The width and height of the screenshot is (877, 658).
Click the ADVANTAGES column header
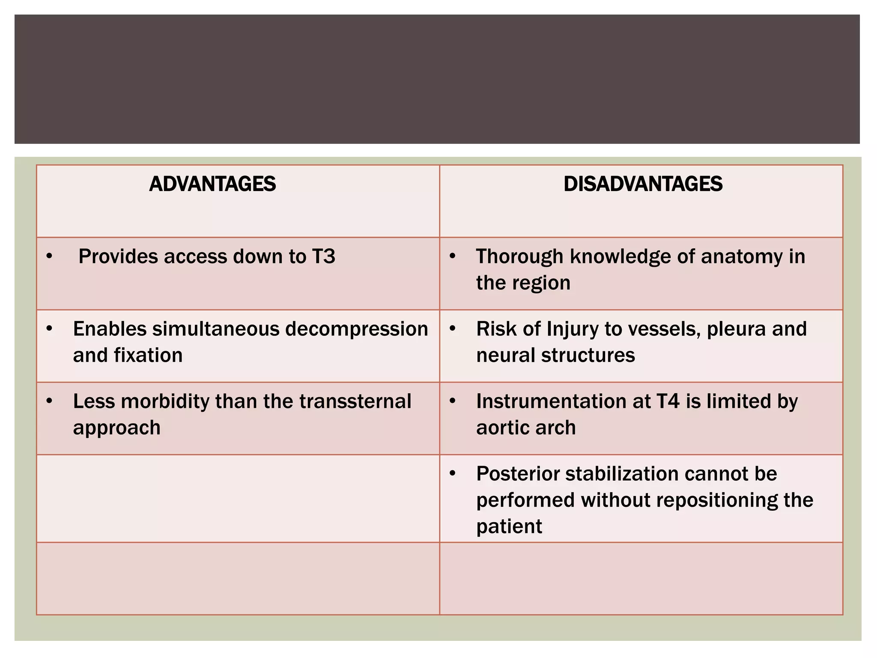212,184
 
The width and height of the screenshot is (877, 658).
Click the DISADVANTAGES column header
643,184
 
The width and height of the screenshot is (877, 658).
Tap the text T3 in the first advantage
323,257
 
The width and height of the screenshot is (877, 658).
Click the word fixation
148,355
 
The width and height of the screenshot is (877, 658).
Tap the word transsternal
355,401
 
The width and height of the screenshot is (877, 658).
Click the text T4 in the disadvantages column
668,401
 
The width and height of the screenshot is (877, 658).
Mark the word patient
509,526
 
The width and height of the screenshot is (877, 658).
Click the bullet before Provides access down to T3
50,256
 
